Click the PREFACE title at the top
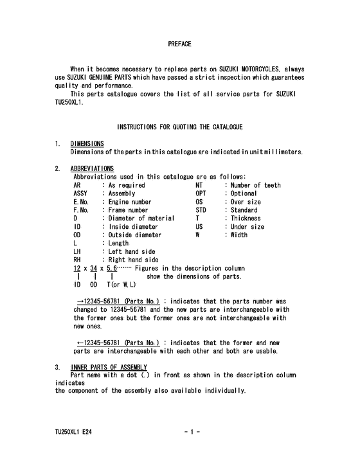[179, 44]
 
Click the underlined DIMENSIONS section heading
[87, 143]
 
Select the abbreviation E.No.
[81, 202]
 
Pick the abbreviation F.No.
[81, 210]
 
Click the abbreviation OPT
[203, 193]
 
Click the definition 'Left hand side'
[133, 252]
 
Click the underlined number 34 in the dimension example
[94, 268]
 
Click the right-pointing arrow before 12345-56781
[80, 301]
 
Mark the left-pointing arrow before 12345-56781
[80, 343]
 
